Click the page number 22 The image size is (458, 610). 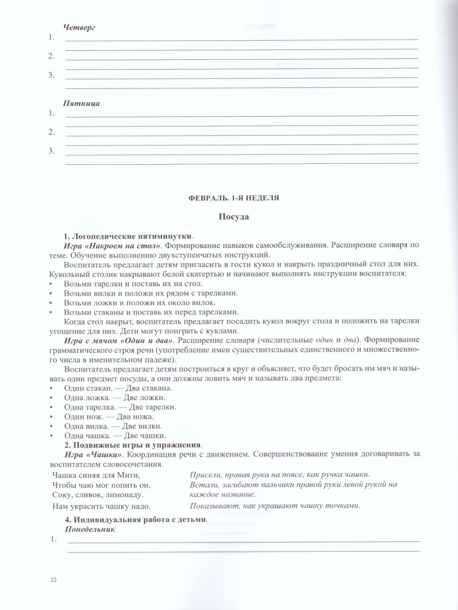point(54,580)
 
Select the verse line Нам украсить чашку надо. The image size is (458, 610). point(101,506)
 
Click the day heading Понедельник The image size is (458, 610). point(90,529)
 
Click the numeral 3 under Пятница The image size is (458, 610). point(51,151)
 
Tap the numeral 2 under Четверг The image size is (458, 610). point(51,56)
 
